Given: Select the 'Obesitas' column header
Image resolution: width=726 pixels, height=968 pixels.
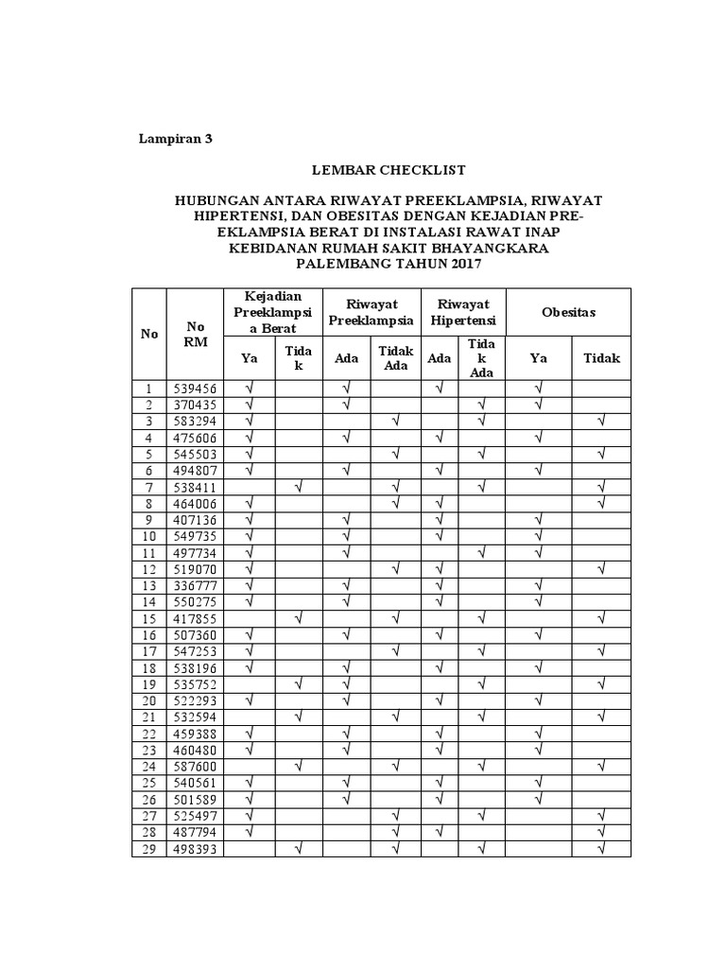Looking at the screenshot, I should click(569, 312).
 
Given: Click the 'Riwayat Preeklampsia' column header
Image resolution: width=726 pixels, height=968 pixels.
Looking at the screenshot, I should click(372, 312).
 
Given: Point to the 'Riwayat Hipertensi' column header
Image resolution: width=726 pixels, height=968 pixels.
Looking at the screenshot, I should click(463, 312).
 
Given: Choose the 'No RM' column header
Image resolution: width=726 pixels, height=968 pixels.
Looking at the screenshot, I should click(194, 334).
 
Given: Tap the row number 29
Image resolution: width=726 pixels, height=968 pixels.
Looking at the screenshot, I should click(148, 848).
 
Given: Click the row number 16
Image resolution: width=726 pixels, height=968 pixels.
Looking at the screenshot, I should click(148, 634).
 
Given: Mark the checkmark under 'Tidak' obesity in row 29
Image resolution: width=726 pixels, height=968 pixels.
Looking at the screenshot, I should click(601, 848).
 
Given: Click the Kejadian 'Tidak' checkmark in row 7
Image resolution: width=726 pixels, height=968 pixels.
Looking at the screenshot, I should click(299, 486).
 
